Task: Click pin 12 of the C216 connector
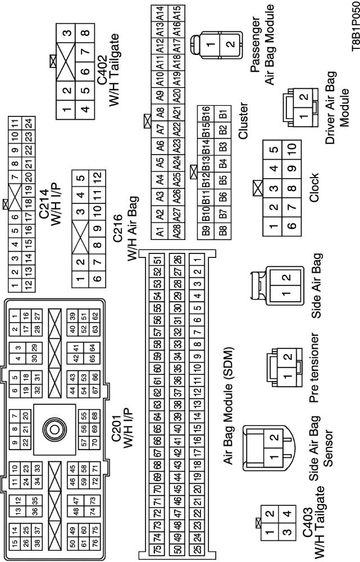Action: (x=98, y=177)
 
